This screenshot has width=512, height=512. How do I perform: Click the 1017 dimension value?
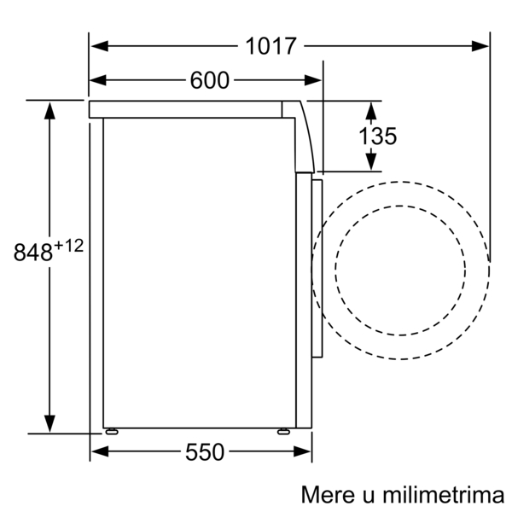tap(271, 46)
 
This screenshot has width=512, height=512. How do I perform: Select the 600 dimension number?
tap(210, 80)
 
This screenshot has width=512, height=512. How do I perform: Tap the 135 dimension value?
tap(378, 136)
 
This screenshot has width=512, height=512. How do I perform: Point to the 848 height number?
tap(33, 252)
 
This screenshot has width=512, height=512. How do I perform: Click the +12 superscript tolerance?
tap(69, 246)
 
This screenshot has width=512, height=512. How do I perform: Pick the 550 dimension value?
tap(205, 452)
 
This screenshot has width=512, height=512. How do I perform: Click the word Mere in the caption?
tap(328, 495)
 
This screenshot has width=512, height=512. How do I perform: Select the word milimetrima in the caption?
tap(444, 495)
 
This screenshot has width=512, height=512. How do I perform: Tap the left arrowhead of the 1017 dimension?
tap(100, 46)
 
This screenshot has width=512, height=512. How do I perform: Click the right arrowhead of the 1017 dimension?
tap(480, 46)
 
